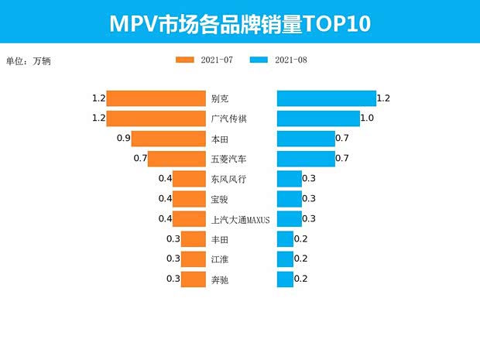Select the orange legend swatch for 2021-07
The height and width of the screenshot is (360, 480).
(186, 60)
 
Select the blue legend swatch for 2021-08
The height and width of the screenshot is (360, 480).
(259, 60)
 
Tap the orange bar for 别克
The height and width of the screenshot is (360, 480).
(156, 98)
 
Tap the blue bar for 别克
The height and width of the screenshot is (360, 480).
(326, 98)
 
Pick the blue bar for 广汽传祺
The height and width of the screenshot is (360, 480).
(318, 118)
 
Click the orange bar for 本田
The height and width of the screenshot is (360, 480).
(168, 139)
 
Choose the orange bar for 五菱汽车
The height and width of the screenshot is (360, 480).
(177, 159)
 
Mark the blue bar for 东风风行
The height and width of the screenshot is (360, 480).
(290, 179)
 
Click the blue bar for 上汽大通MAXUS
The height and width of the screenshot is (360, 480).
(290, 219)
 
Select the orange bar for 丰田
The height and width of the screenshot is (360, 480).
(193, 239)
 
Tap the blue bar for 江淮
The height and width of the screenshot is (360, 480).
(285, 259)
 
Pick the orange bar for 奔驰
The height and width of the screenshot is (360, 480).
(193, 279)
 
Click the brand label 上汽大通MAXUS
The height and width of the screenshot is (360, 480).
(240, 220)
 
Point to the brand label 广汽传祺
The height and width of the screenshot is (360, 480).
(230, 119)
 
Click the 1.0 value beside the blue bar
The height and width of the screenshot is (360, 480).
(368, 118)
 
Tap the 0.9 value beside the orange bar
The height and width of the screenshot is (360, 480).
(122, 139)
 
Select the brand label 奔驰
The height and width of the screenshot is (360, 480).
(220, 279)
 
